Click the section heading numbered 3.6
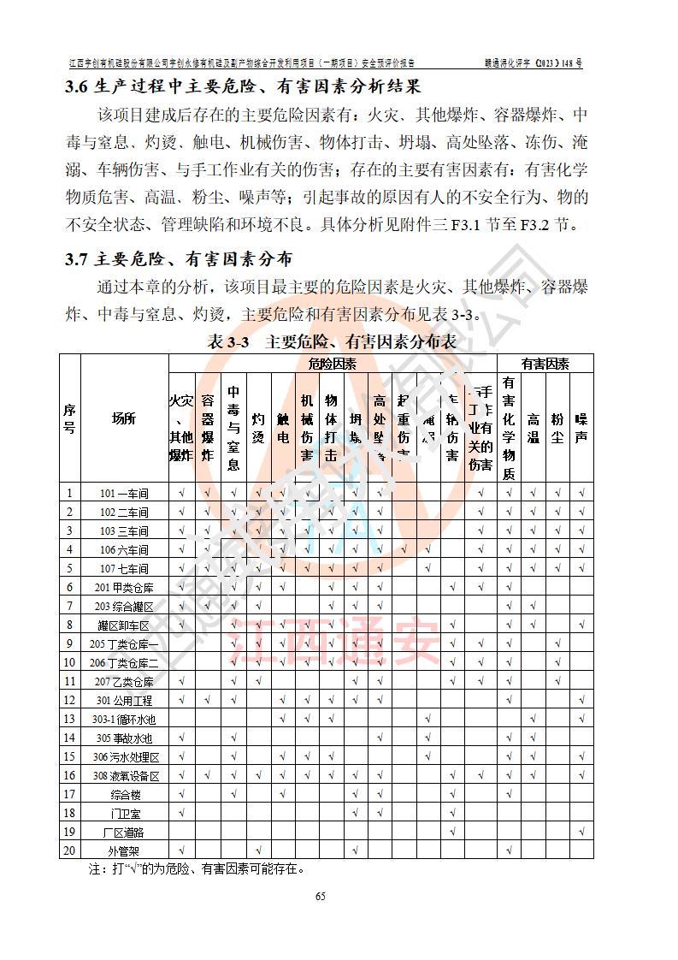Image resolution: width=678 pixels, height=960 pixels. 243,86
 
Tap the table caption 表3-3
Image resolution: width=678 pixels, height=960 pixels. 333,341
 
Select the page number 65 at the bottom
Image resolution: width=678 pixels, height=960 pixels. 321,896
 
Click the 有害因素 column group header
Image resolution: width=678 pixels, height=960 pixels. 545,364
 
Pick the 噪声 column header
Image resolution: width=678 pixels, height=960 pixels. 581,419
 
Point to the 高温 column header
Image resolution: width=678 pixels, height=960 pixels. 533,419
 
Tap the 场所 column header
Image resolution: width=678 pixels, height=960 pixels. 124,418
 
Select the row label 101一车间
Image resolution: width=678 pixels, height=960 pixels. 124,493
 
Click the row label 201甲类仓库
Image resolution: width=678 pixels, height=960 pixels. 124,588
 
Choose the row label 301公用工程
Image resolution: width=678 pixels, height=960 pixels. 124,701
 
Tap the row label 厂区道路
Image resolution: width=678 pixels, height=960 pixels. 124,832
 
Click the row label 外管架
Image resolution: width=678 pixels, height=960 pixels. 124,850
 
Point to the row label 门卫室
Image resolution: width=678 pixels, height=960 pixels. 124,813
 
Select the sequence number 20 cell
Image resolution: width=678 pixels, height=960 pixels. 69,850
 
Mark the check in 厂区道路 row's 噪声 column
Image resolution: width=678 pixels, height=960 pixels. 581,832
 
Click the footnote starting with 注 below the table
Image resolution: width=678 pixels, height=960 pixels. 197,869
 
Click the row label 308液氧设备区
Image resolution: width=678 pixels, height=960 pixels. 124,775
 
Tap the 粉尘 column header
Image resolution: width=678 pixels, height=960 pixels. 557,419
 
